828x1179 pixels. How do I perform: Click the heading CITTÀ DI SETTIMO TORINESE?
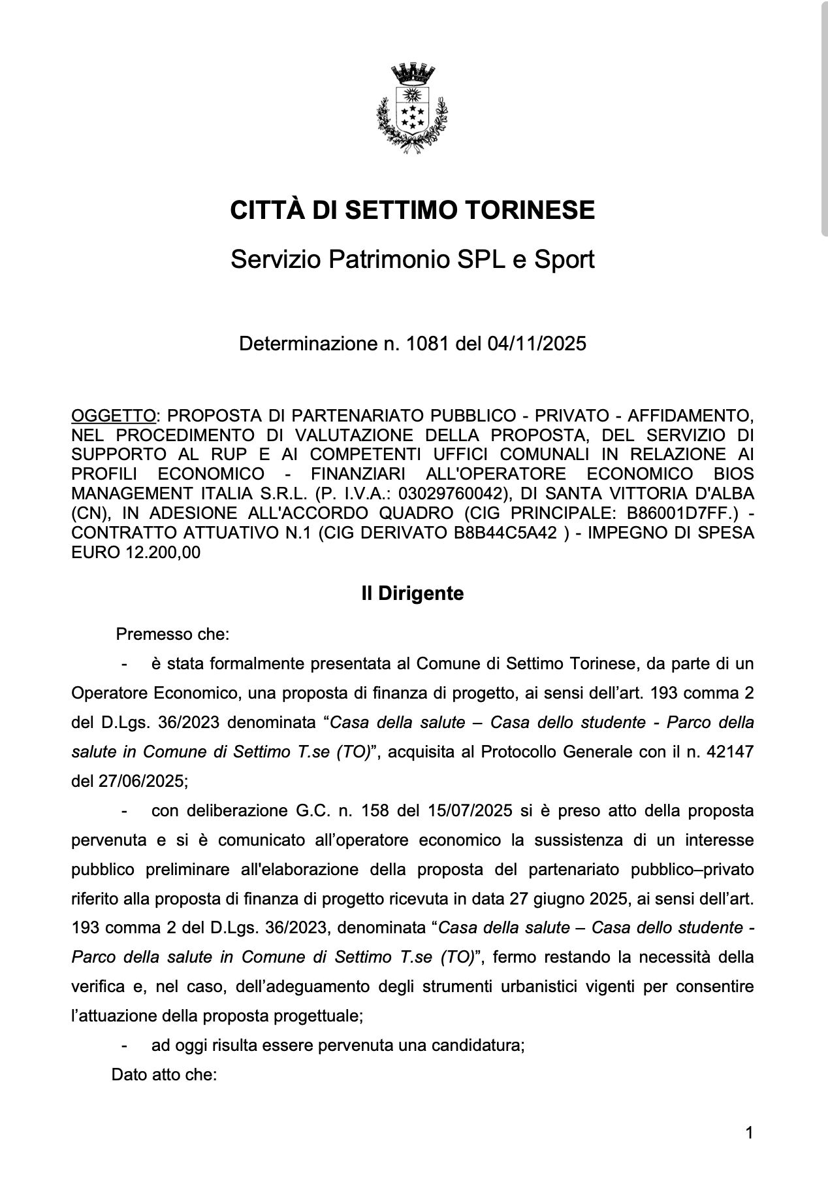click(413, 210)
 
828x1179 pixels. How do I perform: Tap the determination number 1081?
click(427, 343)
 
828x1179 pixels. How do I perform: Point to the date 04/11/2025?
click(537, 343)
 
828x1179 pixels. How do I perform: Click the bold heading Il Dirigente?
click(413, 594)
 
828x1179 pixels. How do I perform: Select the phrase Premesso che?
click(172, 635)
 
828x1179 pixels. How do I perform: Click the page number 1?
click(749, 1133)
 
